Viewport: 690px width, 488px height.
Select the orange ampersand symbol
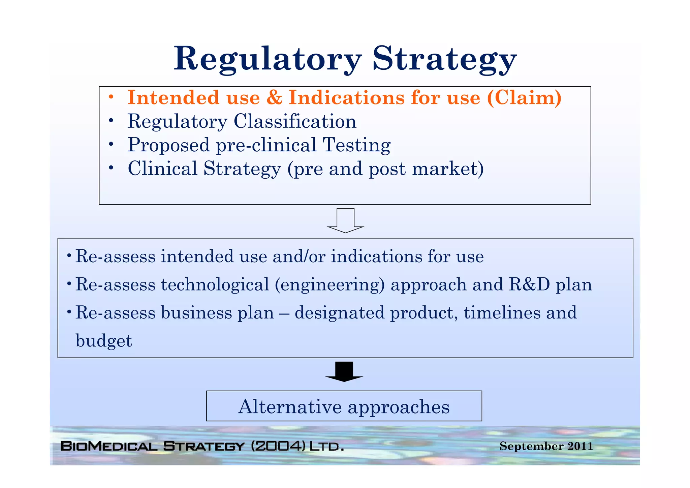click(x=274, y=98)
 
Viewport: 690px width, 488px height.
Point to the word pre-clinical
click(x=266, y=145)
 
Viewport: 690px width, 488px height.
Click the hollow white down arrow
click(x=345, y=221)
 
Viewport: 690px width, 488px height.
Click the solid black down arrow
click(x=344, y=371)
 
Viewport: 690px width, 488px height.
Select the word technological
click(x=215, y=284)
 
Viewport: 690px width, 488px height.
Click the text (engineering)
click(x=330, y=285)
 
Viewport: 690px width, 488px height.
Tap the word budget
click(x=104, y=341)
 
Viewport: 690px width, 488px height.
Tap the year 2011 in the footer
click(x=580, y=446)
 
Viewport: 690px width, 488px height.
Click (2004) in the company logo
click(x=278, y=446)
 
